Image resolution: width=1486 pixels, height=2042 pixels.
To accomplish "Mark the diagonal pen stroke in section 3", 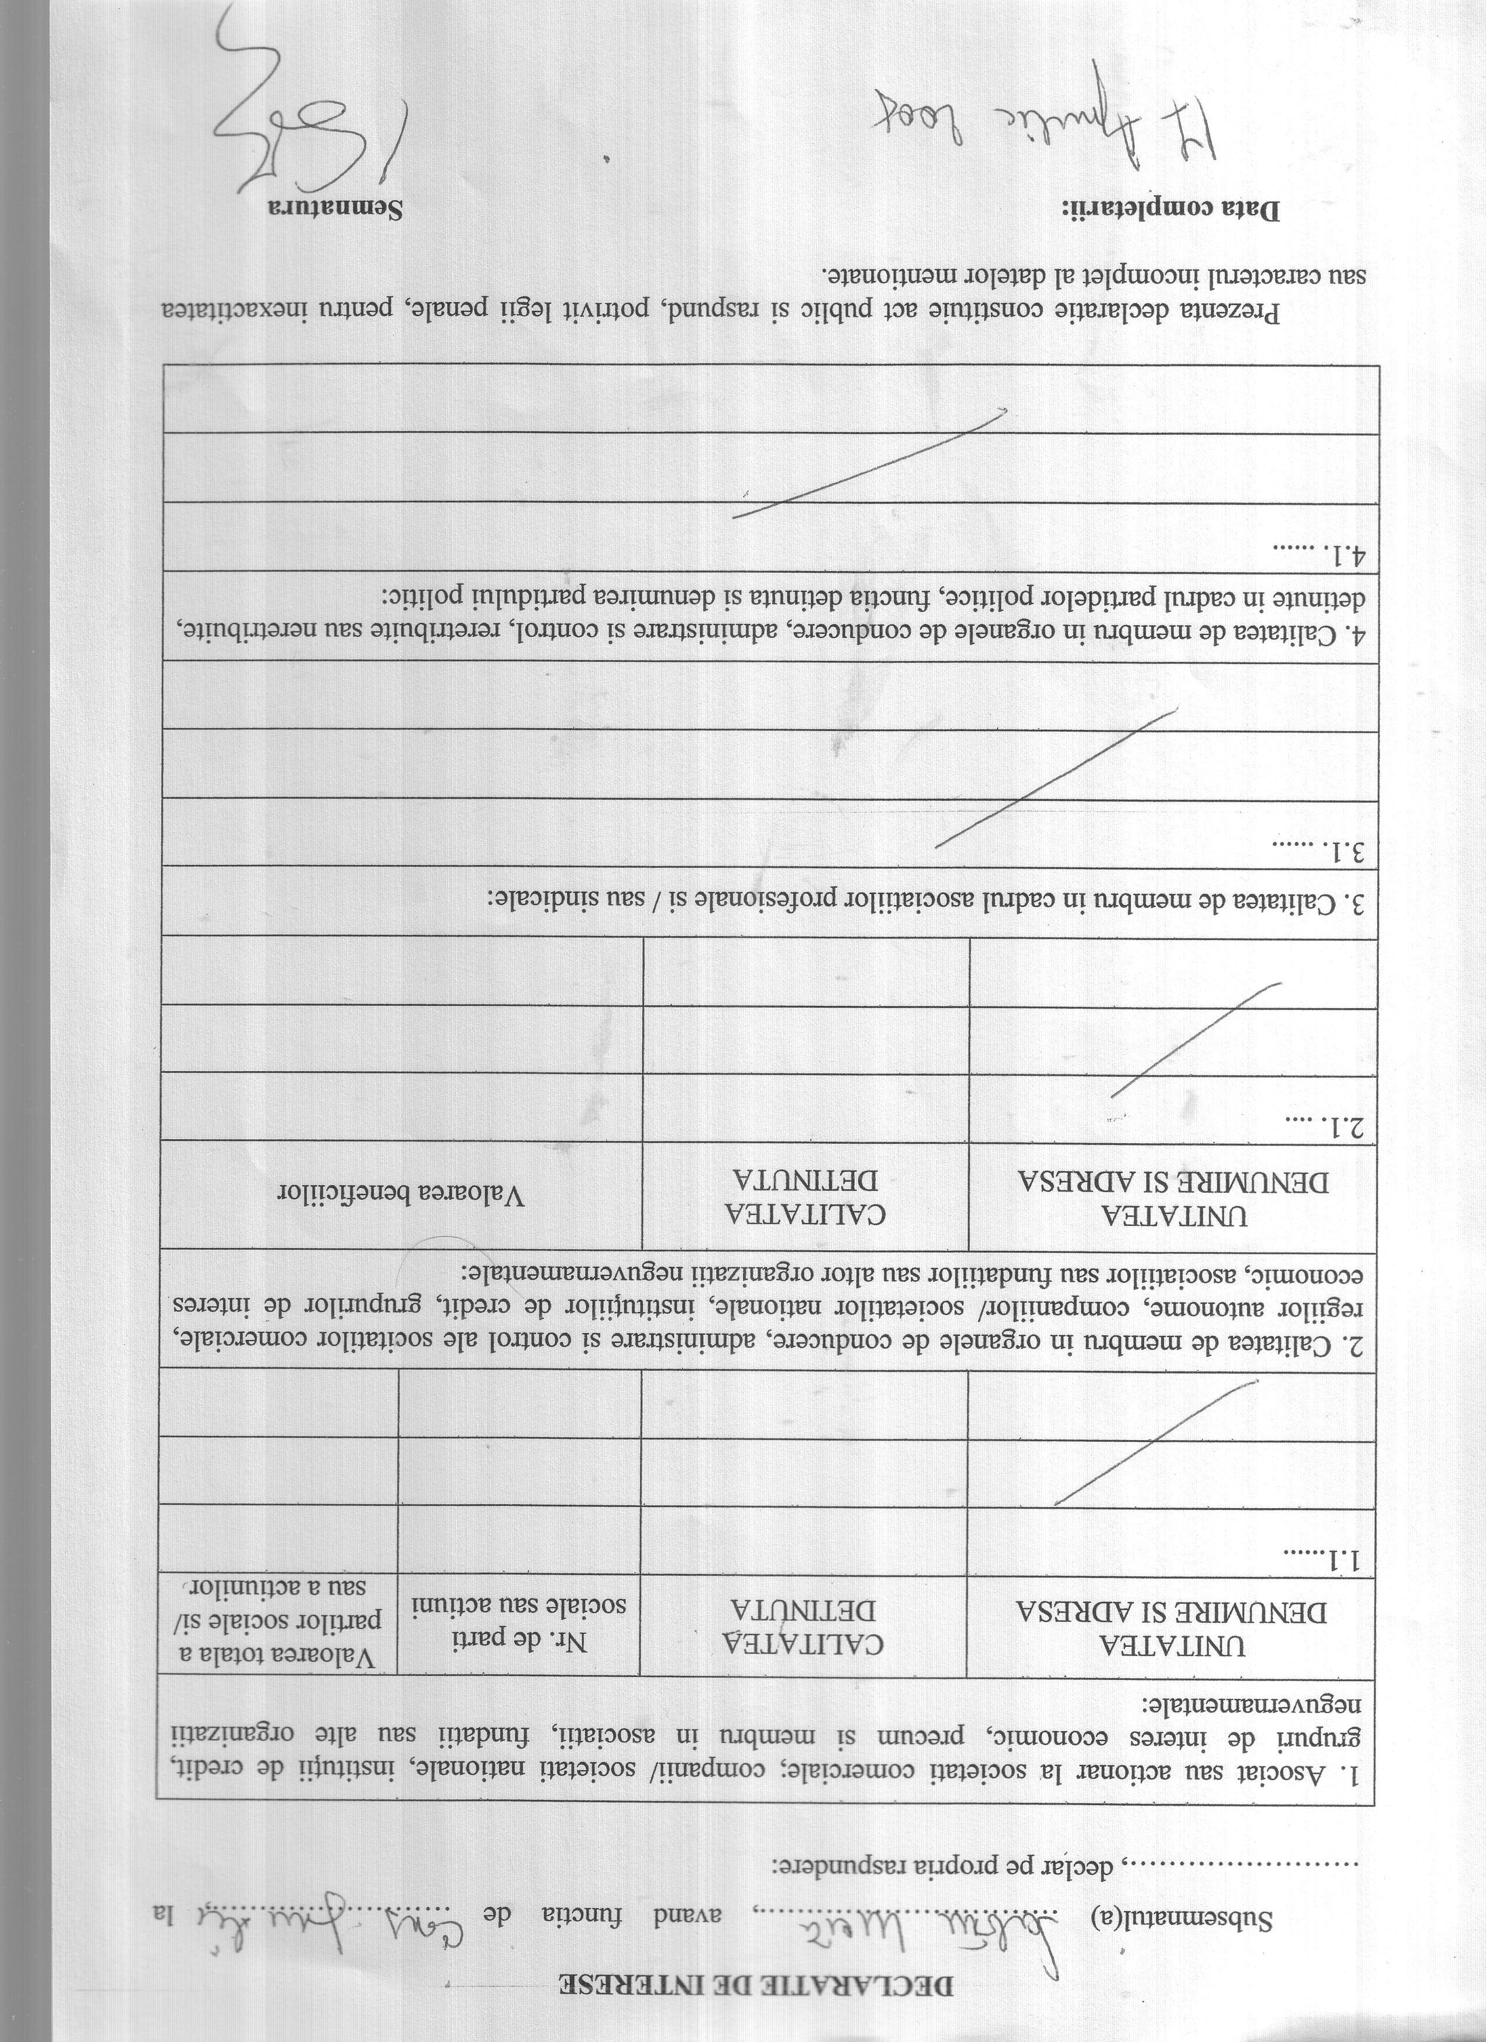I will [x=1057, y=779].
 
